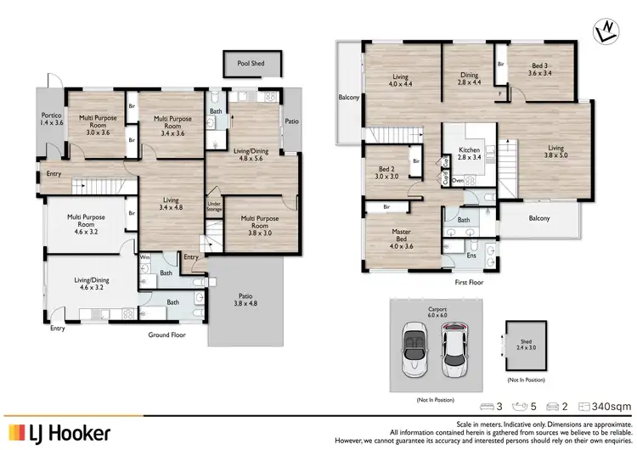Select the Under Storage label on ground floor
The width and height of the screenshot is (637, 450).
pyautogui.click(x=214, y=206)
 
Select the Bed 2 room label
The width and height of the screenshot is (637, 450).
pyautogui.click(x=386, y=173)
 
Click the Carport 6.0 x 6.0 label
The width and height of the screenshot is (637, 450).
pyautogui.click(x=438, y=310)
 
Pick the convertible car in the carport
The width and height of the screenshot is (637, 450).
pyautogui.click(x=417, y=347)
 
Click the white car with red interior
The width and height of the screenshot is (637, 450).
pyautogui.click(x=458, y=347)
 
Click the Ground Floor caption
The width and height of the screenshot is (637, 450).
pyautogui.click(x=167, y=335)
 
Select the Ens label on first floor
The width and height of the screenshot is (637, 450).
pyautogui.click(x=471, y=254)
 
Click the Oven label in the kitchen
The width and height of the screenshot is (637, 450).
pyautogui.click(x=458, y=180)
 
